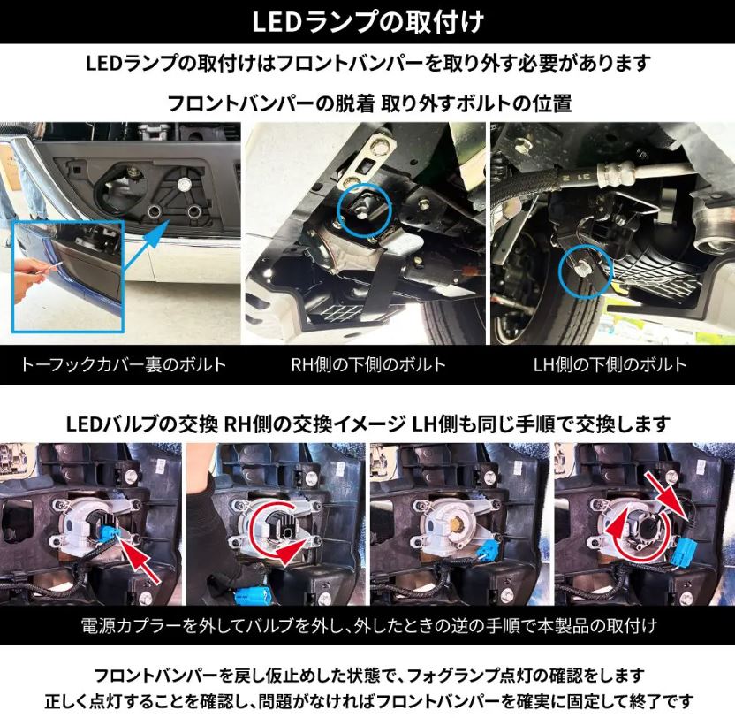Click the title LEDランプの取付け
click(x=368, y=21)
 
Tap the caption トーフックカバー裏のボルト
click(x=124, y=364)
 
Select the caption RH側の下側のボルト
click(x=368, y=364)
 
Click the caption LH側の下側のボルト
click(x=610, y=364)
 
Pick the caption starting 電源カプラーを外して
click(x=368, y=626)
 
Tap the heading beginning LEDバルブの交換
click(x=368, y=424)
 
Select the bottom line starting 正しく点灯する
click(x=368, y=701)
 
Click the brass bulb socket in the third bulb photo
click(x=455, y=521)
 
